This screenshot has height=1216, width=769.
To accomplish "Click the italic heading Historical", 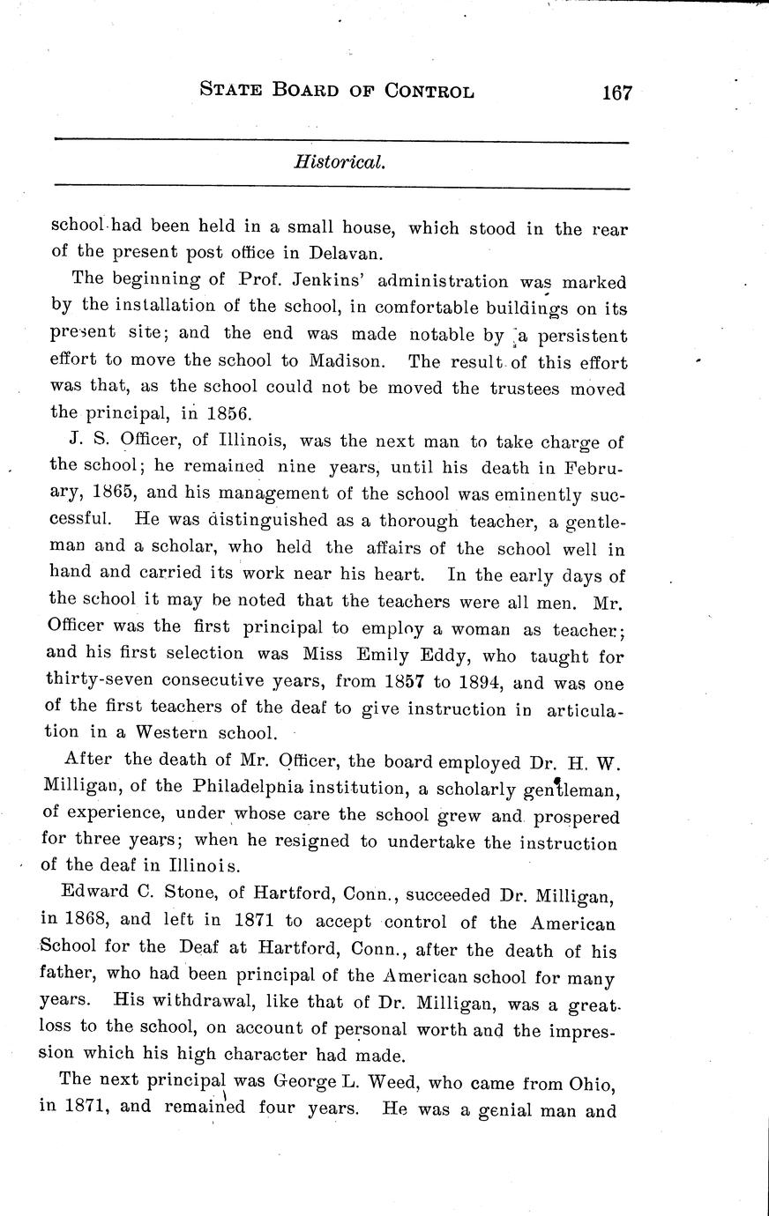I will point(340,163).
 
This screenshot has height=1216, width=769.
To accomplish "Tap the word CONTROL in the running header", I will point(429,90).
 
